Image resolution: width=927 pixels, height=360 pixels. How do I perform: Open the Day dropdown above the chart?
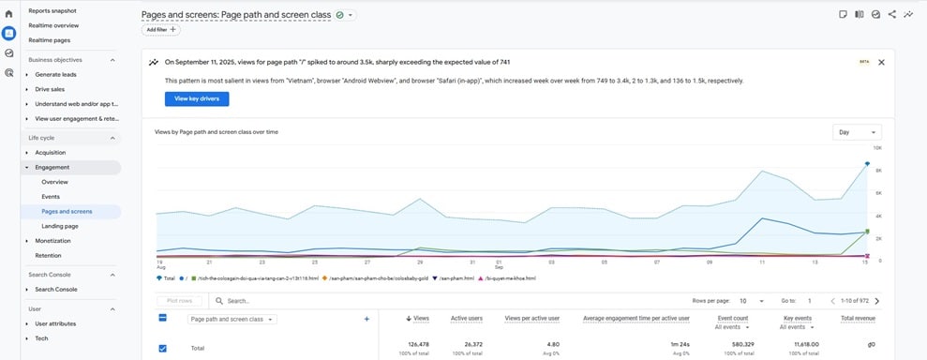857,132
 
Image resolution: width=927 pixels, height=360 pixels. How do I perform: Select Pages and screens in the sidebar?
67,211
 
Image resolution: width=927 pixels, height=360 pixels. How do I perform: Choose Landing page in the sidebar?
59,226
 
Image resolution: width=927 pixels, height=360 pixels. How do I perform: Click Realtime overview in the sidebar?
53,25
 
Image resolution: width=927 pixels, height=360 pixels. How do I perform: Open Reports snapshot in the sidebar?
52,10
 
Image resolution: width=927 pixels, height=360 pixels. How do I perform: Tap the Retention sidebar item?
48,255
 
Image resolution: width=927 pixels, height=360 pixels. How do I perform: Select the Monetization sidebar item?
52,241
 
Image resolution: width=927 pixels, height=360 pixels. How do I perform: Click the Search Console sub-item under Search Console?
57,290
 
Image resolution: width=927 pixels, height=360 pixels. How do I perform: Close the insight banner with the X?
881,62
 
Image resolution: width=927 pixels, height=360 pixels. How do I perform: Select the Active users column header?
467,319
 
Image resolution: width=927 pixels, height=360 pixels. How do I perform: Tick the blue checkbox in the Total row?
162,348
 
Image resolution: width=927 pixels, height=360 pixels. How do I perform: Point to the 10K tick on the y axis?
877,148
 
